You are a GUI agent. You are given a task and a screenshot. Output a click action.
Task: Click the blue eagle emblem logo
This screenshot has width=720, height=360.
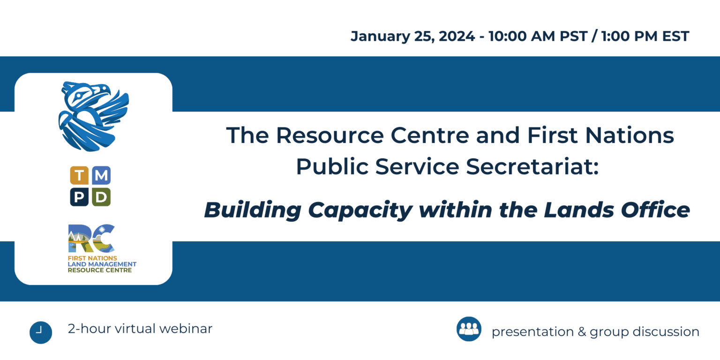click(x=93, y=116)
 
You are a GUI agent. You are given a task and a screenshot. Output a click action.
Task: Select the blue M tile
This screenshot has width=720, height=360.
click(x=101, y=176)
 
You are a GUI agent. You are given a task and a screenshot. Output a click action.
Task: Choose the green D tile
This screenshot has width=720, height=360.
click(x=101, y=197)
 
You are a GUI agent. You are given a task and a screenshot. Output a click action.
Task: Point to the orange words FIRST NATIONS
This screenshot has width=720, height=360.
click(x=92, y=258)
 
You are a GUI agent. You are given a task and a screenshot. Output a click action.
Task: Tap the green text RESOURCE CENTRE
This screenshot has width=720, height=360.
click(x=100, y=270)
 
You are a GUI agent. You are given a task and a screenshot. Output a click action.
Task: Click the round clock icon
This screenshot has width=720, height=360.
click(x=40, y=332)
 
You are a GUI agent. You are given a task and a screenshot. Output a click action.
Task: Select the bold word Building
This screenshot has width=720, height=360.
click(x=252, y=210)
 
